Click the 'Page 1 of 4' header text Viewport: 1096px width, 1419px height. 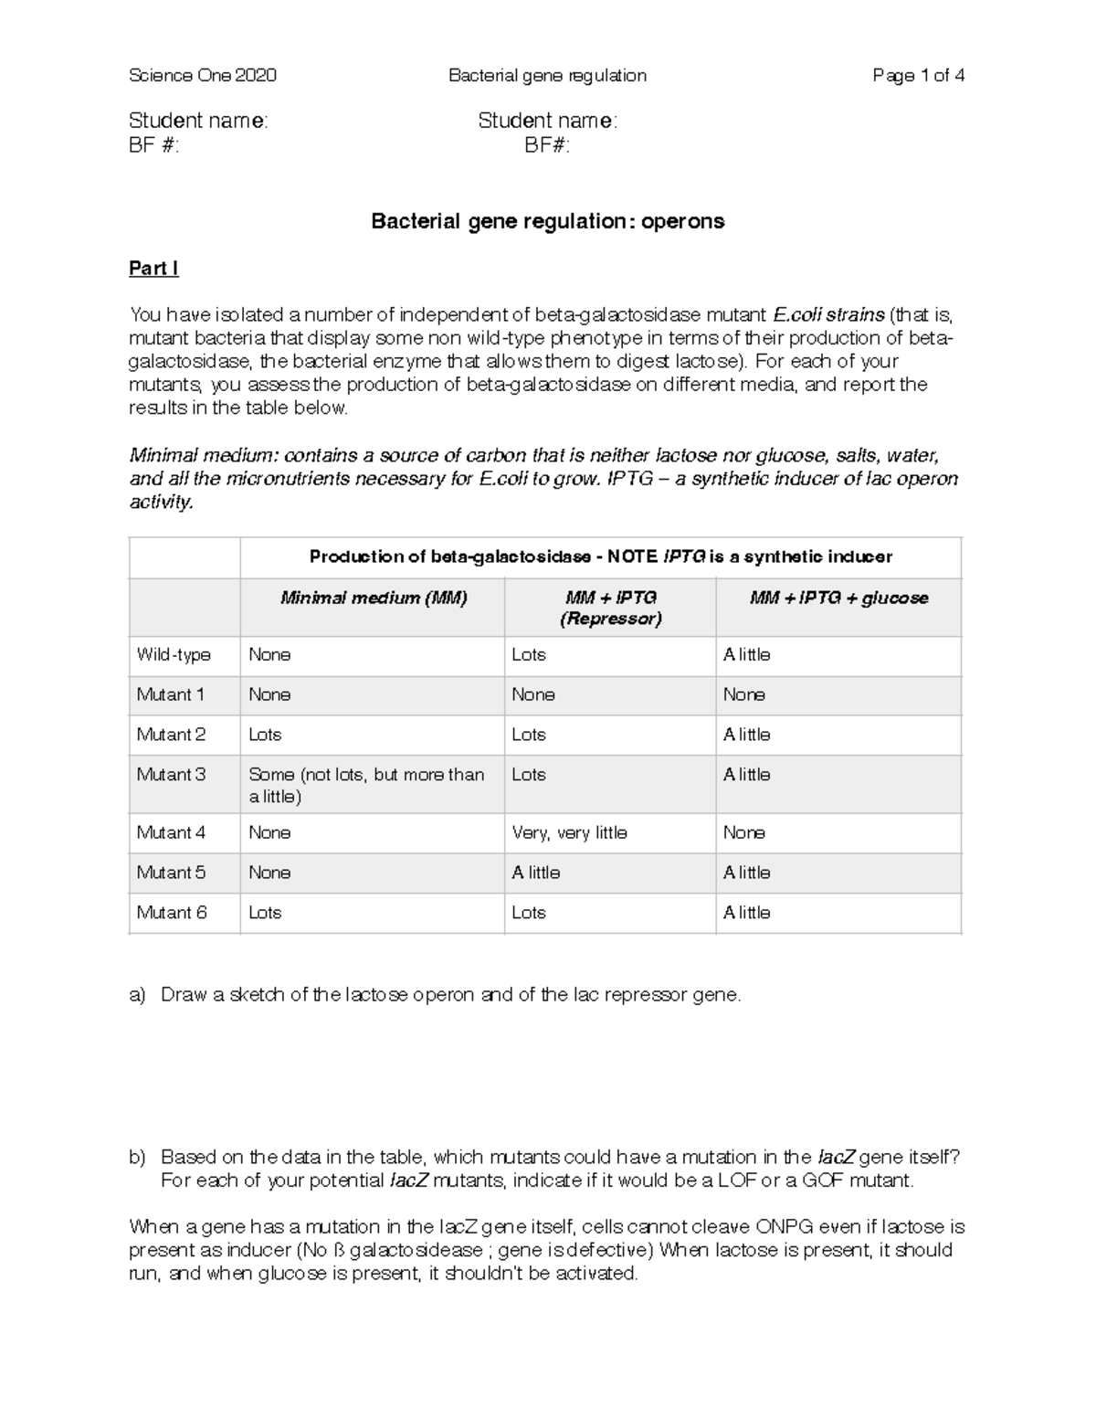click(918, 76)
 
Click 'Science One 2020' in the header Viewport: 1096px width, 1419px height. click(203, 76)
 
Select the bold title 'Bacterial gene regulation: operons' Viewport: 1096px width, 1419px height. click(547, 221)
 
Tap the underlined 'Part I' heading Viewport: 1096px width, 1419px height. click(153, 269)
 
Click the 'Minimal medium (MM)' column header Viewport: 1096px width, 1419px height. click(373, 598)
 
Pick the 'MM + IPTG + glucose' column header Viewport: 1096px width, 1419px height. click(838, 598)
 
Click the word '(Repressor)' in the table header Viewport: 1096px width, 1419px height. click(610, 619)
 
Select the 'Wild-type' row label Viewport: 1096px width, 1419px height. click(174, 655)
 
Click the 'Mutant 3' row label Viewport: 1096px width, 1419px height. click(171, 775)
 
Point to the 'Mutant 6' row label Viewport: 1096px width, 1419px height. click(172, 913)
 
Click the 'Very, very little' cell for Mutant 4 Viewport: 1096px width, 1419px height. click(569, 833)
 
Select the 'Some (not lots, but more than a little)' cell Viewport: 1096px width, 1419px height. click(365, 785)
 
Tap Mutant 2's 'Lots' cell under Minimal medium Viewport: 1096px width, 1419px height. click(265, 735)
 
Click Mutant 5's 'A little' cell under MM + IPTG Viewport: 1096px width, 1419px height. click(536, 873)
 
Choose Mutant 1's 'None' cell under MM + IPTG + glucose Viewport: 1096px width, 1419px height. click(743, 695)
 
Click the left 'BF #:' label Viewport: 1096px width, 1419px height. click(154, 145)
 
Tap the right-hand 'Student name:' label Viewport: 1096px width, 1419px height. click(547, 121)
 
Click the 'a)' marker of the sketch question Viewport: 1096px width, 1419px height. click(138, 995)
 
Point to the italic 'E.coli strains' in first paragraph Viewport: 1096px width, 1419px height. click(828, 315)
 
